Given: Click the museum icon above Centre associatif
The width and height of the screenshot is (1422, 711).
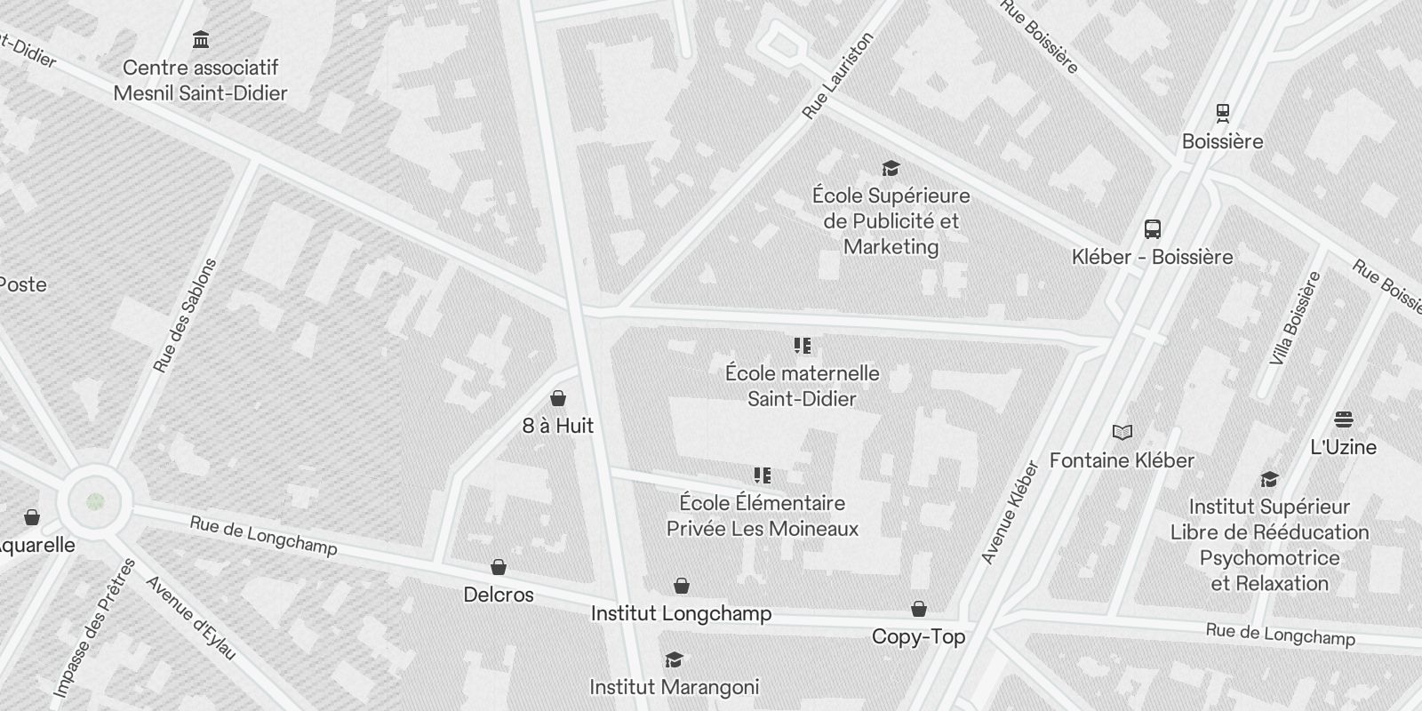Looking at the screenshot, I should point(201,40).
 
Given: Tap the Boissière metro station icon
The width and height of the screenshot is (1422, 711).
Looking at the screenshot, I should point(1223,113).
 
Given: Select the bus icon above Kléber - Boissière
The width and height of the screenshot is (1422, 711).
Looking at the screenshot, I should point(1153,228).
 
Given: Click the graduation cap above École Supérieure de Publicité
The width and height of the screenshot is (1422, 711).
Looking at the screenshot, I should point(891,168).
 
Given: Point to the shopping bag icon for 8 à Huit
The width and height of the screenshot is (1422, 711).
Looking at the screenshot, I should point(558,398).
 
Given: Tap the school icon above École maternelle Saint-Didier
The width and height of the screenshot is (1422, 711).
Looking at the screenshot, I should point(802,346).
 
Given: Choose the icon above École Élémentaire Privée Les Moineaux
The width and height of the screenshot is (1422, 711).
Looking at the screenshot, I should point(762,475).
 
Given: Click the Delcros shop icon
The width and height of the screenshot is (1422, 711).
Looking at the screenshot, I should point(499,567).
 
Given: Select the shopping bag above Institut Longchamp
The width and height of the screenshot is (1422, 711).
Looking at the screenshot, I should point(681,586).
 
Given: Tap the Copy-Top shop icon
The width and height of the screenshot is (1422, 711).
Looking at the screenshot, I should point(918,609).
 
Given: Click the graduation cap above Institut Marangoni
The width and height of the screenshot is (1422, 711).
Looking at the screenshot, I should point(674,659).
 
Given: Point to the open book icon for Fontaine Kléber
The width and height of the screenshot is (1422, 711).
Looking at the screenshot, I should point(1122,433).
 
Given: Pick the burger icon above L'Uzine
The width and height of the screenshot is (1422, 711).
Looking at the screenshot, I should point(1343,419).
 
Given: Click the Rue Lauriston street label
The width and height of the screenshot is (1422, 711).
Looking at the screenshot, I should point(837,76).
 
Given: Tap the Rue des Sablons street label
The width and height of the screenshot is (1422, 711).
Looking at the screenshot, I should point(185,316).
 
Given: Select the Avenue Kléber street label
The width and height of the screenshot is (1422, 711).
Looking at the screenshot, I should point(1010,513).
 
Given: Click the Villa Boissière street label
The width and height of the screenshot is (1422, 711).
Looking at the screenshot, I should point(1295,318).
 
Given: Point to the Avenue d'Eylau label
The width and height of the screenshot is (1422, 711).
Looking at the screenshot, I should point(191,618).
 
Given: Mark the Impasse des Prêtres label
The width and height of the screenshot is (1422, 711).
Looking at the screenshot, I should point(93,628).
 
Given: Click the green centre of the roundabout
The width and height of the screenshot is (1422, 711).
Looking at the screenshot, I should point(96,502).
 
